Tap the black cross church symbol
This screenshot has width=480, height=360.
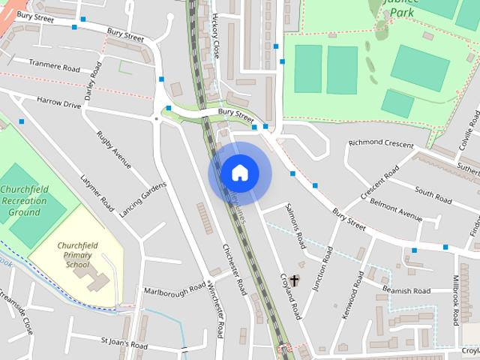pyautogui.click(x=294, y=281)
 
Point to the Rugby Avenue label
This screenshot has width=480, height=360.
pyautogui.click(x=114, y=149)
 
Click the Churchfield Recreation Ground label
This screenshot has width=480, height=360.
pyautogui.click(x=24, y=201)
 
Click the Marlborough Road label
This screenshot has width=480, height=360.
pyautogui.click(x=175, y=289)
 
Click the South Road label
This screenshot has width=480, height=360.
pyautogui.click(x=433, y=196)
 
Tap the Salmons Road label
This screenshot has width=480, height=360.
pyautogui.click(x=296, y=230)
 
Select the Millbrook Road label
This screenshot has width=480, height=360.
pyautogui.click(x=455, y=299)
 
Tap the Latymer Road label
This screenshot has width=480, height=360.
pyautogui.click(x=97, y=192)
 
